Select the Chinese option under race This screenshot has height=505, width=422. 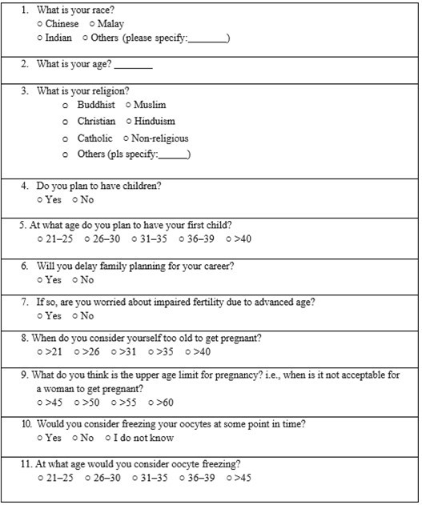point(41,24)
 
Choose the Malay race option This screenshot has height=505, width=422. point(93,24)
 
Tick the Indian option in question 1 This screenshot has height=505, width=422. point(41,38)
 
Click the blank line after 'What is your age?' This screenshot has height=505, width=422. point(138,65)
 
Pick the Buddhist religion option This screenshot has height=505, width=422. point(66,105)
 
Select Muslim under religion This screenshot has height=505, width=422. point(128,105)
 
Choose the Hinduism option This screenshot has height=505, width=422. point(128,122)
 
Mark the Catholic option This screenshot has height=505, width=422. point(66,138)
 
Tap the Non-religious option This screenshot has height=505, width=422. point(127,138)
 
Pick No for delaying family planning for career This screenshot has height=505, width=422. point(76,280)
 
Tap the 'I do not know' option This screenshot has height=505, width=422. point(108,438)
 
